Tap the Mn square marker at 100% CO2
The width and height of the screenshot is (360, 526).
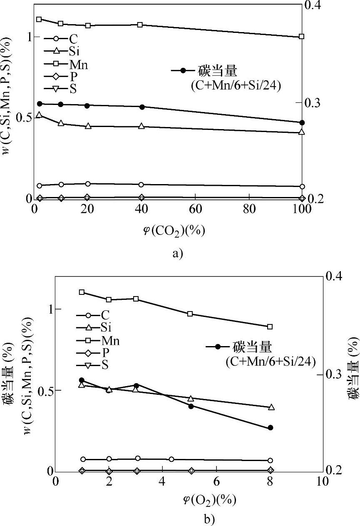pyautogui.click(x=302, y=37)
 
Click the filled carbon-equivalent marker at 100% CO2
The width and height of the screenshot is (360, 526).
pyautogui.click(x=302, y=122)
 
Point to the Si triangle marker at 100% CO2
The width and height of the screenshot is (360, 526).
pyautogui.click(x=302, y=132)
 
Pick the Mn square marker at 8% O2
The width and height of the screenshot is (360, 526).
pyautogui.click(x=270, y=327)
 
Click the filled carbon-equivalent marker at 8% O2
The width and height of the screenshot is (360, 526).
pyautogui.click(x=270, y=428)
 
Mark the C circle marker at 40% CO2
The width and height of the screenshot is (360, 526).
pyautogui.click(x=142, y=184)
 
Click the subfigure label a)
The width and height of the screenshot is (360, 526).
pyautogui.click(x=177, y=253)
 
